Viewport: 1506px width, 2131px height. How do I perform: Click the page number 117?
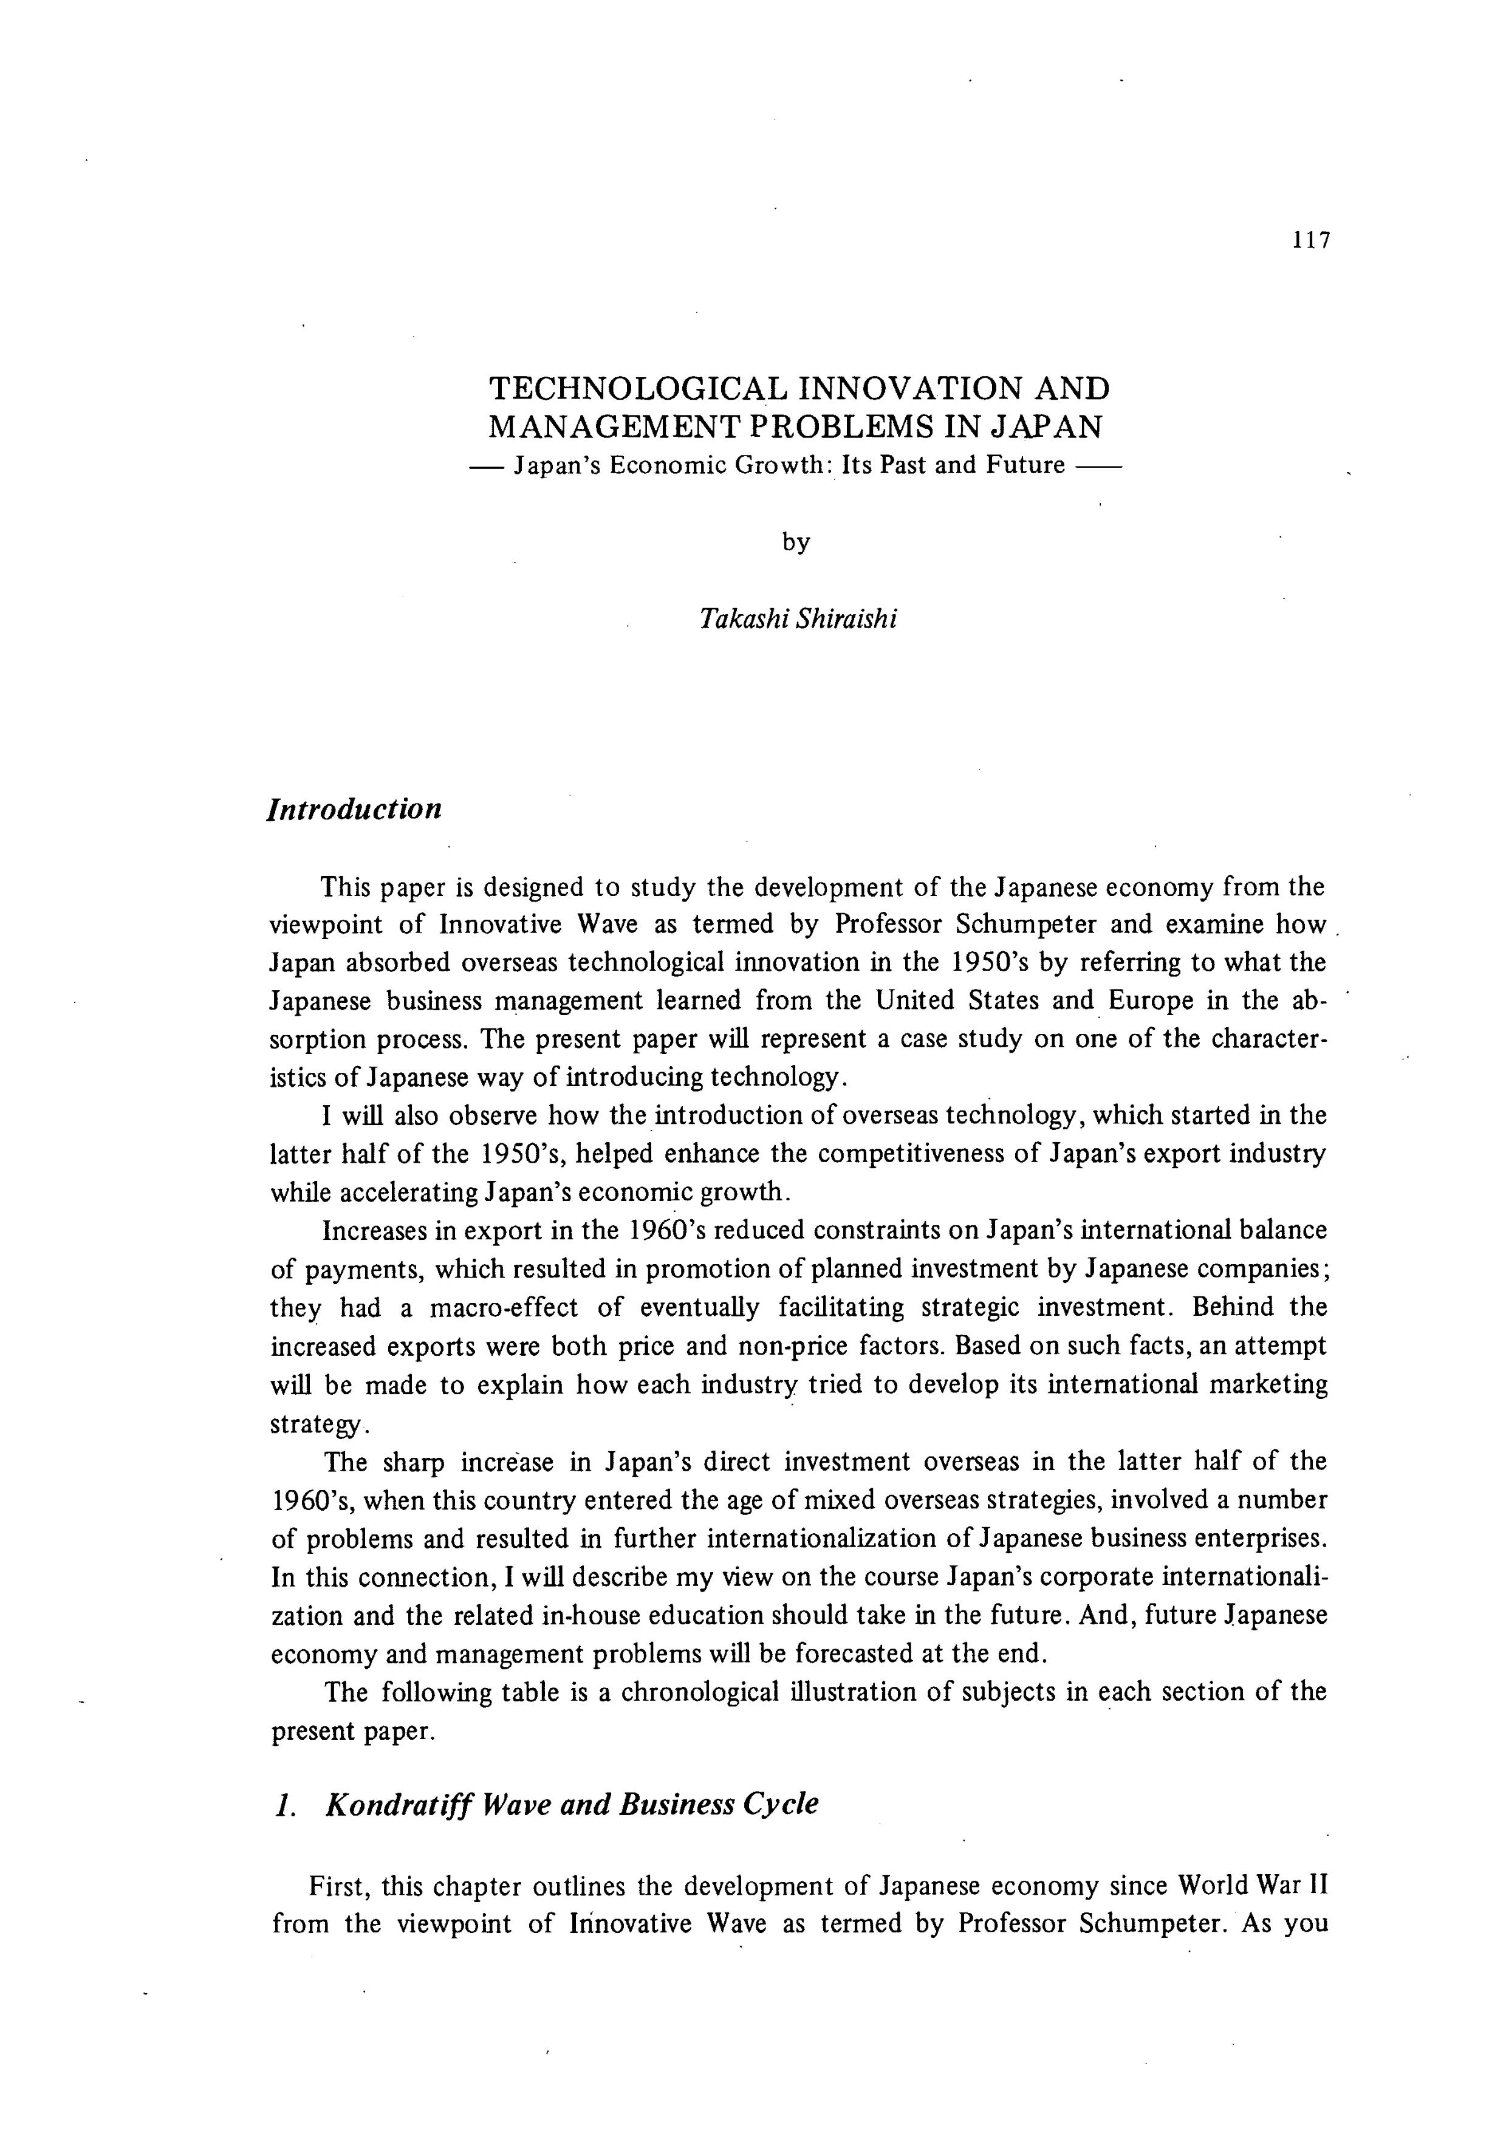coord(1310,241)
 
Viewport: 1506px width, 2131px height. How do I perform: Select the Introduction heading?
coord(354,809)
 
